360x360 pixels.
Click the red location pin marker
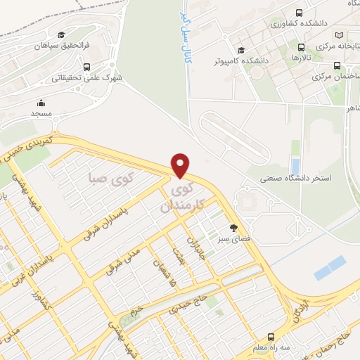(x=181, y=165)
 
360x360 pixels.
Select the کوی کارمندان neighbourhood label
(x=182, y=198)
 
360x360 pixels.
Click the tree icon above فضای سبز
(x=233, y=227)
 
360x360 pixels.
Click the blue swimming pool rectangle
(x=330, y=268)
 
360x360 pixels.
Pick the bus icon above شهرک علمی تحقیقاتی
(x=86, y=67)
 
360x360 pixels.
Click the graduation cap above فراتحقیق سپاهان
(x=61, y=34)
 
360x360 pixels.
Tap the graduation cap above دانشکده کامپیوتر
(x=241, y=50)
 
